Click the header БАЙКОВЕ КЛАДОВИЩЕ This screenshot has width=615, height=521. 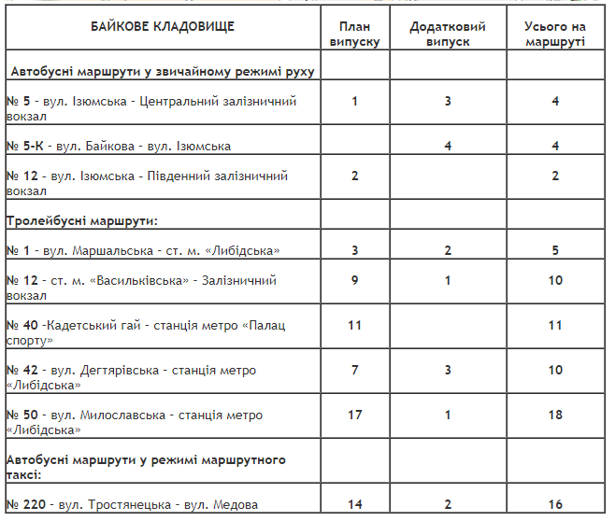164,26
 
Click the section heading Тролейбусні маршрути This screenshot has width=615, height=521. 82,221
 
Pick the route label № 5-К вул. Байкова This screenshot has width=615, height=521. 119,147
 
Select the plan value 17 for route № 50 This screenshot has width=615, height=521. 355,415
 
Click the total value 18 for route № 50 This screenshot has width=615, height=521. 555,415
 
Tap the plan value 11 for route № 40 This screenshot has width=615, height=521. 355,326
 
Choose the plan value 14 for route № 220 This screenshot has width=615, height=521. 355,505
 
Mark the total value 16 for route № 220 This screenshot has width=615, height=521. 555,505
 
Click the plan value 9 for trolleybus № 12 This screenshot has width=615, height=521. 355,281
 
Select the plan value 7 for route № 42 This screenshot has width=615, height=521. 355,371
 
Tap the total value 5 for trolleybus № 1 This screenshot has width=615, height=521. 555,251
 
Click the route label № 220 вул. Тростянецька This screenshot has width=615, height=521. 132,505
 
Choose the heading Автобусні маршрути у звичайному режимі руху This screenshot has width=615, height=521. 161,72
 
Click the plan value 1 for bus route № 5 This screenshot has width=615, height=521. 355,102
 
